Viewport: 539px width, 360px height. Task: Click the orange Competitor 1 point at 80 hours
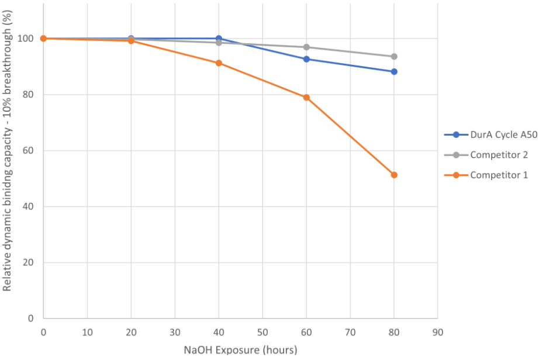[x=394, y=175]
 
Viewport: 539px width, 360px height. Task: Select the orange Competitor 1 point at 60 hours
[x=306, y=98]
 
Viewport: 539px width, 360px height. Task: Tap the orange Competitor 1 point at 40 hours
[x=219, y=63]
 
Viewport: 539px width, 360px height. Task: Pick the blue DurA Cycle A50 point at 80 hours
[x=394, y=72]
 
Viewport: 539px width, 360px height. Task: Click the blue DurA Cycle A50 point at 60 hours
[x=306, y=59]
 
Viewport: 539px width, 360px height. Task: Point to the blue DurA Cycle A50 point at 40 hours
[x=219, y=39]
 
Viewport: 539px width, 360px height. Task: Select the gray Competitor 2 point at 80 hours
[x=394, y=57]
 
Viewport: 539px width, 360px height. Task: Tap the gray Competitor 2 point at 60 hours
[x=306, y=47]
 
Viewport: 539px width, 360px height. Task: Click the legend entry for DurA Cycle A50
[x=503, y=135]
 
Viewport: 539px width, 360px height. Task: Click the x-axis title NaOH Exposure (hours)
[x=240, y=350]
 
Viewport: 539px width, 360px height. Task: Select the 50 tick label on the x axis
[x=262, y=331]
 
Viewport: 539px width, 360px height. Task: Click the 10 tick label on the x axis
[x=87, y=331]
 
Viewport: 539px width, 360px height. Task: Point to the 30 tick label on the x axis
[x=175, y=331]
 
